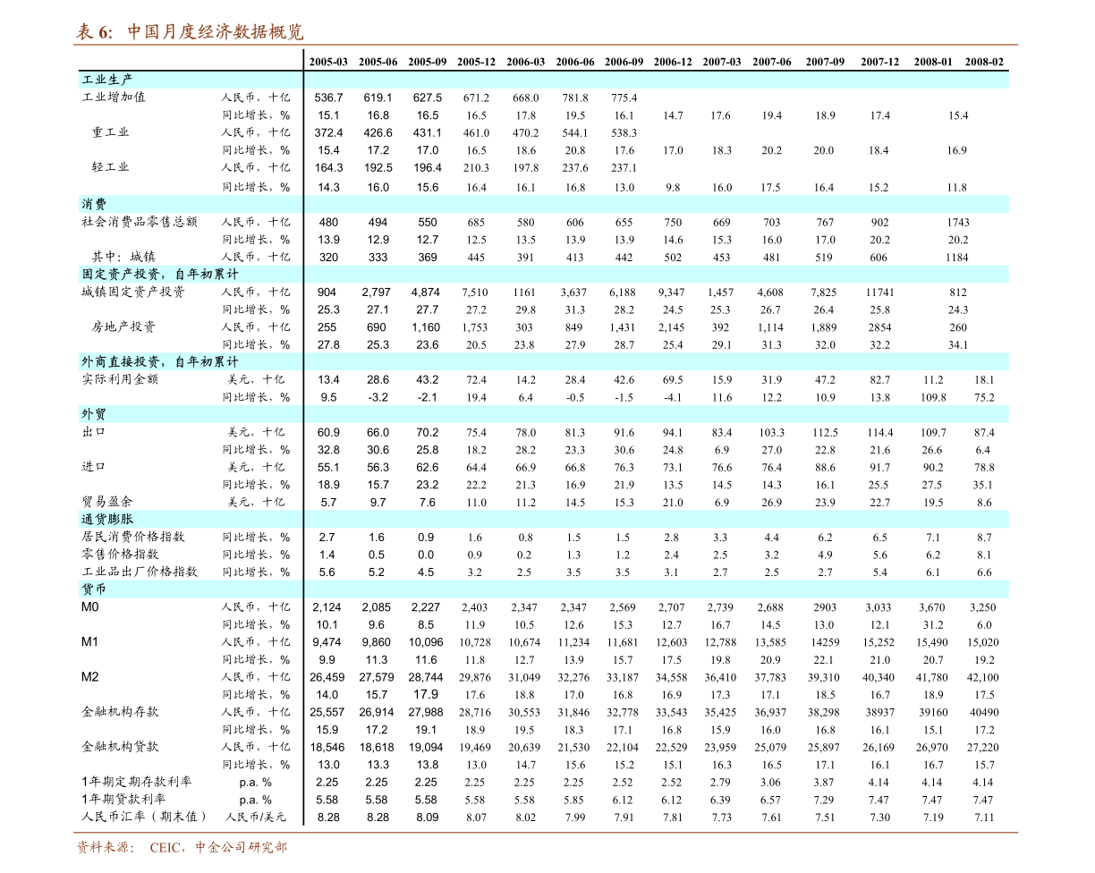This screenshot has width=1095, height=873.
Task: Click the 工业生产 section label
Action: [x=107, y=80]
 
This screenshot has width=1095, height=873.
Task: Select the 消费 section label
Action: [x=94, y=204]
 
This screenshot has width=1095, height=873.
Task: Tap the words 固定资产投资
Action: [x=121, y=274]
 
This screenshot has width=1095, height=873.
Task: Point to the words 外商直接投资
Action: [x=121, y=361]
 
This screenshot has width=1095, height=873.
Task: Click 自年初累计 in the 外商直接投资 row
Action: [x=207, y=361]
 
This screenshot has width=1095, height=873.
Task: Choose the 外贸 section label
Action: [x=94, y=414]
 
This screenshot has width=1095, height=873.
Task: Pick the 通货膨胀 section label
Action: [x=107, y=519]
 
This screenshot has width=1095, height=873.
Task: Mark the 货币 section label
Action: [x=94, y=589]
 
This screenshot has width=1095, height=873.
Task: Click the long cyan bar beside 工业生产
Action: [x=657, y=80]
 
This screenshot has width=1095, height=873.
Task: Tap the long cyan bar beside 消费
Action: [x=657, y=204]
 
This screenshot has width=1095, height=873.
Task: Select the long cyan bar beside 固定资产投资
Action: [x=657, y=274]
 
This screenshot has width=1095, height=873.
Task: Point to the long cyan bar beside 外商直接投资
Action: [x=657, y=361]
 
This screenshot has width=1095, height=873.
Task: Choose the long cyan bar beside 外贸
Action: [x=657, y=414]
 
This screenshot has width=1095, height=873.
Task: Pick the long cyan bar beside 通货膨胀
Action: [x=657, y=519]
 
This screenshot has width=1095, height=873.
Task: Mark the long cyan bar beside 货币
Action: [x=657, y=589]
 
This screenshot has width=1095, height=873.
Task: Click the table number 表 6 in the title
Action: [x=94, y=32]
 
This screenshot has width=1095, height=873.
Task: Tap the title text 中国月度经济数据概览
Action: [x=215, y=32]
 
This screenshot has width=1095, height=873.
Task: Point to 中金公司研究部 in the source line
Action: [x=241, y=847]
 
